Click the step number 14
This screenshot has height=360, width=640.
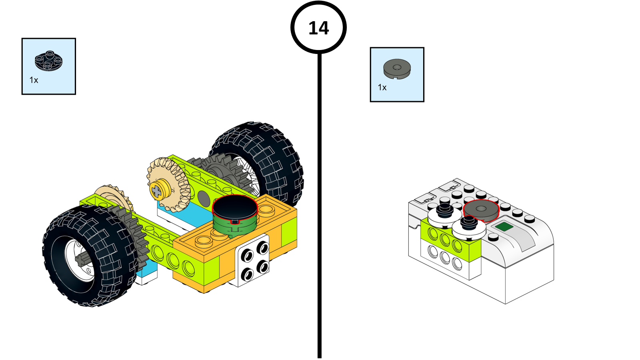point(319,28)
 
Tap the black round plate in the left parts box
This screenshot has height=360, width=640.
point(49,61)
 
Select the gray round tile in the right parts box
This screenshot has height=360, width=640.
point(397,69)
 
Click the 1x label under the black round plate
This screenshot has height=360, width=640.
point(34,80)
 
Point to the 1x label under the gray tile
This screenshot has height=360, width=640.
point(382,87)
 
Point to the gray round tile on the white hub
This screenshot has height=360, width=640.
point(481,210)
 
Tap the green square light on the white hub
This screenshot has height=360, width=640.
point(504,227)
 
